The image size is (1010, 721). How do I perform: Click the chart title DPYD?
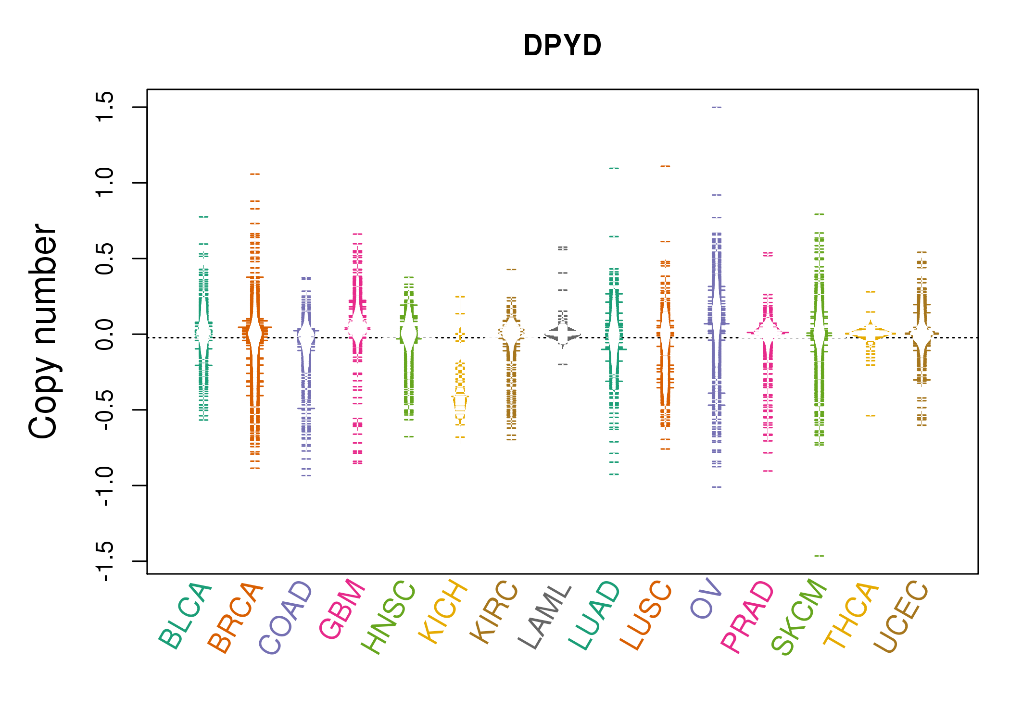pyautogui.click(x=562, y=46)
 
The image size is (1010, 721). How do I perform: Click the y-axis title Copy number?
pyautogui.click(x=43, y=331)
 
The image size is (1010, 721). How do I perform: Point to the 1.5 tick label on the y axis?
pyautogui.click(x=104, y=107)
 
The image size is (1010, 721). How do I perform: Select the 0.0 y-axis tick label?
pyautogui.click(x=104, y=334)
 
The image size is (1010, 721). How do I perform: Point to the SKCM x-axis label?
pyautogui.click(x=799, y=617)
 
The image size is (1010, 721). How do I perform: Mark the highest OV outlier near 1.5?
pyautogui.click(x=717, y=107)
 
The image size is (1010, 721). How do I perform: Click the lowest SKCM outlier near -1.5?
pyautogui.click(x=819, y=556)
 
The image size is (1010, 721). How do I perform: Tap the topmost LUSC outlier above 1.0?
pyautogui.click(x=665, y=166)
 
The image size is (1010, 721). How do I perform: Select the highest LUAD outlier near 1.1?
pyautogui.click(x=614, y=168)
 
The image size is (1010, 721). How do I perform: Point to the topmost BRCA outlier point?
pyautogui.click(x=255, y=174)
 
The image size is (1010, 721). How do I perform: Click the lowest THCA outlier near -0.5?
pyautogui.click(x=871, y=415)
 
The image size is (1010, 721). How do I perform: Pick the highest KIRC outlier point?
pyautogui.click(x=511, y=270)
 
